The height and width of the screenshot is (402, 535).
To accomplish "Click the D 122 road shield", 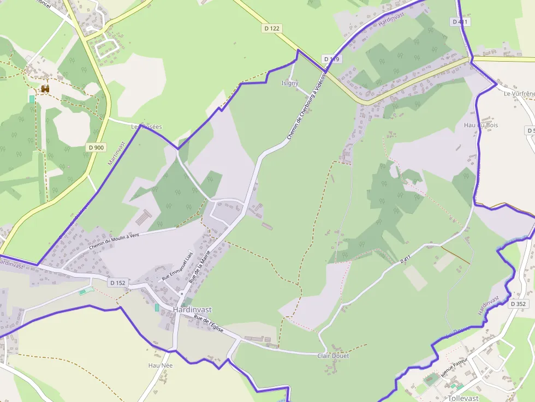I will click(x=271, y=28).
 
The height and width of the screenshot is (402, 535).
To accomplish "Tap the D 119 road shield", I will click(x=331, y=59).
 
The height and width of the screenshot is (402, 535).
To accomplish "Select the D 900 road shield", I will click(x=97, y=147).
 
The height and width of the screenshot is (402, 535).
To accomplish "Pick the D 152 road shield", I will click(x=117, y=283).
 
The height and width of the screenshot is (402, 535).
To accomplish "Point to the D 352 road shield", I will click(x=518, y=304).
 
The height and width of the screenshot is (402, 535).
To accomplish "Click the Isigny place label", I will click(x=289, y=83).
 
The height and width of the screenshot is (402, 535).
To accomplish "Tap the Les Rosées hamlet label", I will click(x=146, y=127).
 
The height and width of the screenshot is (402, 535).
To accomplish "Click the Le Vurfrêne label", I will click(x=519, y=94).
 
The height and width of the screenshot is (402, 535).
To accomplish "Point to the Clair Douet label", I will click(x=333, y=356).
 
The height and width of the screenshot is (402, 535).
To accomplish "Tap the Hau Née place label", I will click(x=160, y=365).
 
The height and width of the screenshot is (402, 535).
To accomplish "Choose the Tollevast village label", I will click(x=463, y=398).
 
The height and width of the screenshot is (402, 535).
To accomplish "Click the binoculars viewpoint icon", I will click(x=45, y=88).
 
